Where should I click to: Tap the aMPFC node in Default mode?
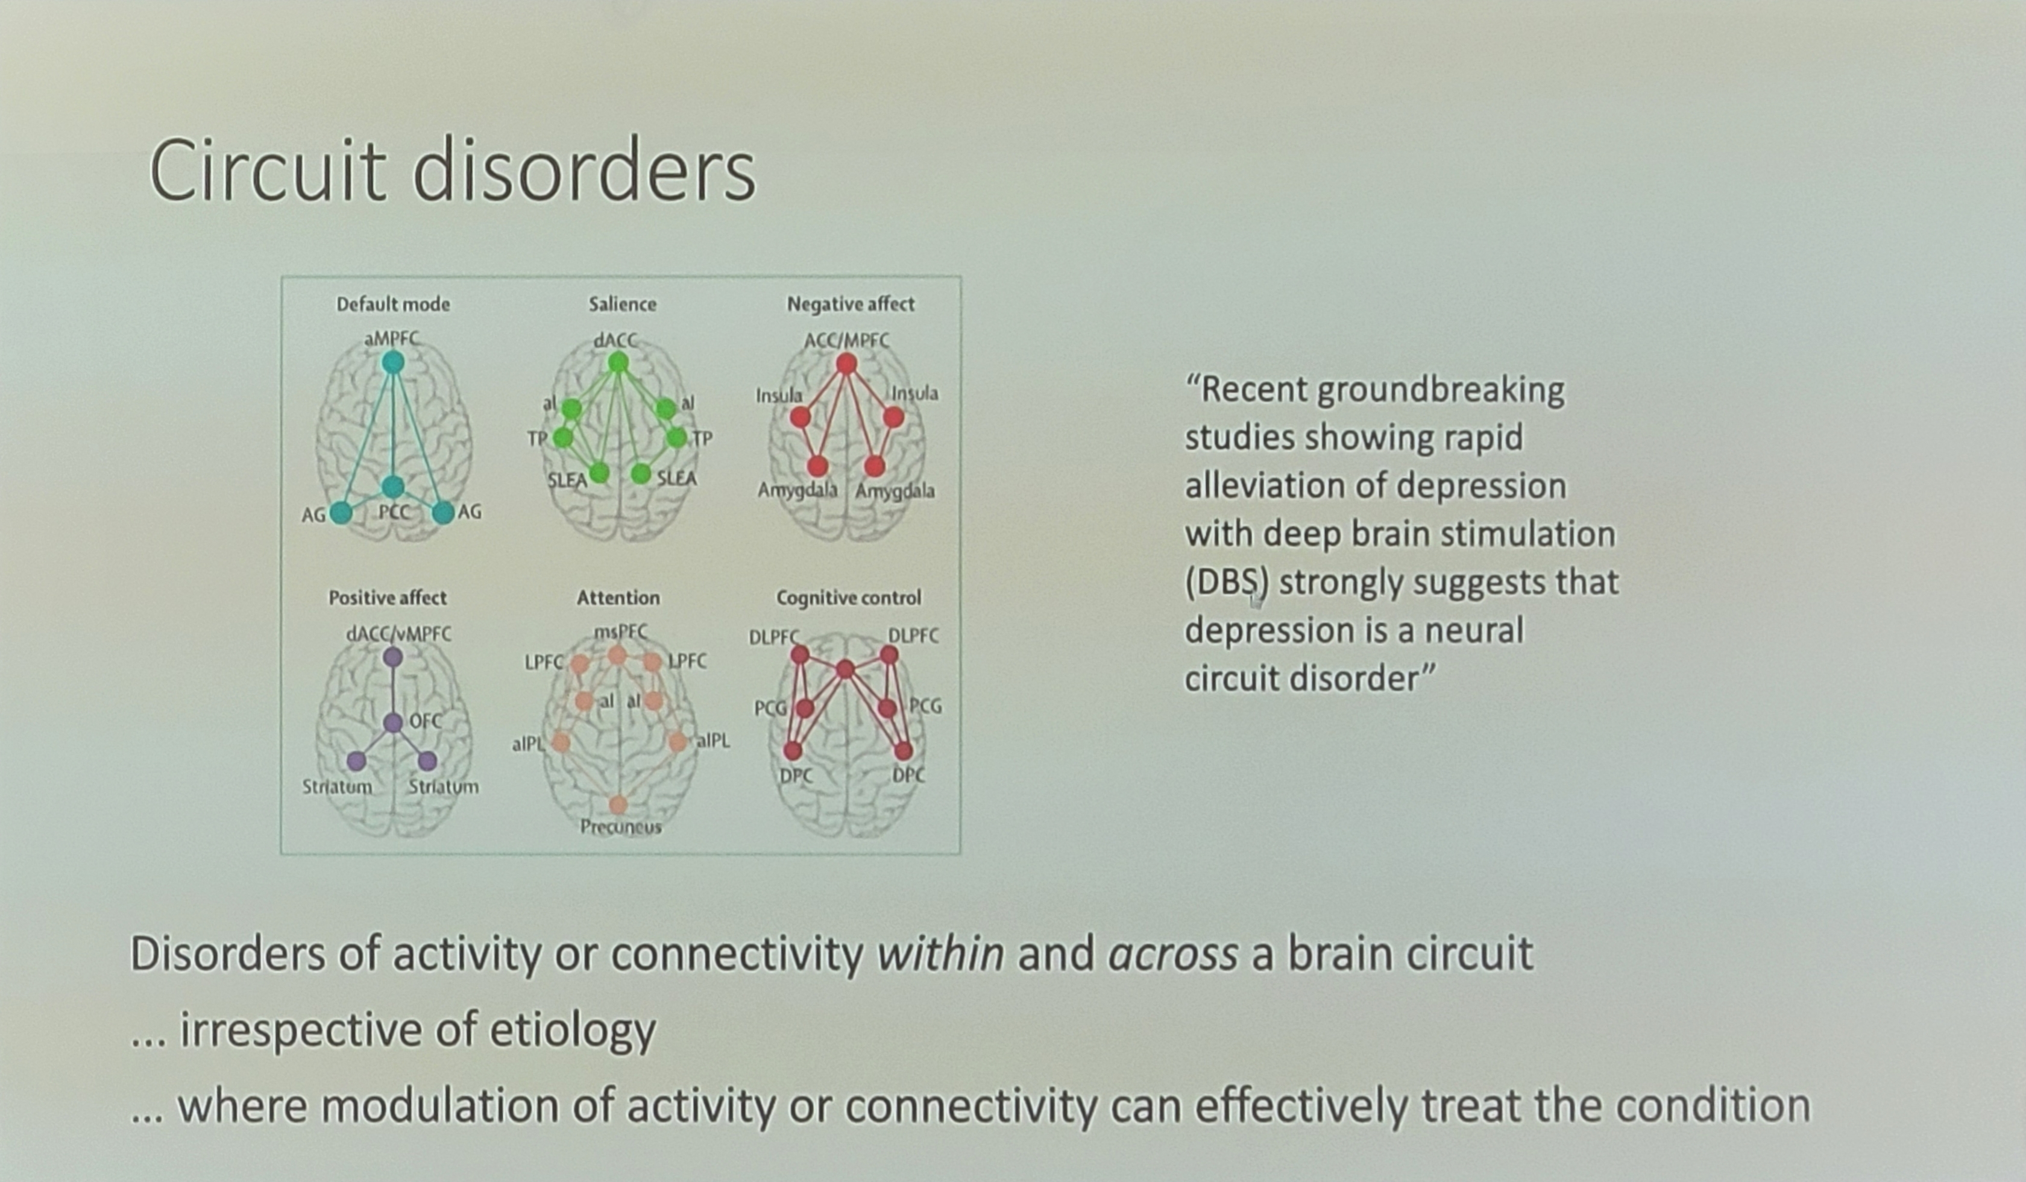point(393,362)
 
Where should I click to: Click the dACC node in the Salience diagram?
point(617,362)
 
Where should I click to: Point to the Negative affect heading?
point(851,304)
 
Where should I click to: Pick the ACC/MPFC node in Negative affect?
point(846,364)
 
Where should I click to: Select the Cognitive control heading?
point(848,598)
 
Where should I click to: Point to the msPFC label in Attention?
point(621,633)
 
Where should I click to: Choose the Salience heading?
point(622,304)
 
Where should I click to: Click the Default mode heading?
point(393,304)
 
